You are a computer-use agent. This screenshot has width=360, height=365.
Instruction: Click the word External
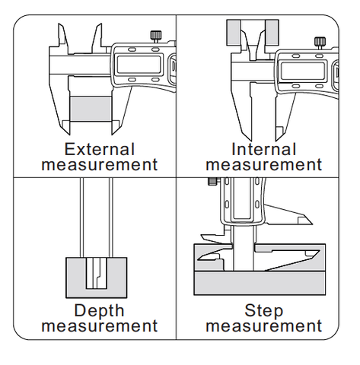click(100, 149)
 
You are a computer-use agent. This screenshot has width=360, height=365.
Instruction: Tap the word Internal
click(264, 149)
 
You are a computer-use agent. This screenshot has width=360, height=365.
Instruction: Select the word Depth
click(99, 311)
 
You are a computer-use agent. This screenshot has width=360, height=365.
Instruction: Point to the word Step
click(264, 311)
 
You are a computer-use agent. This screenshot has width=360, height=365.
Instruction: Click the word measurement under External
click(100, 165)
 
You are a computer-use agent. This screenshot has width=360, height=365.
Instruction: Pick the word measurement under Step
click(264, 326)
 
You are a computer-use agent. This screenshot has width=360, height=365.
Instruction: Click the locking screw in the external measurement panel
click(156, 36)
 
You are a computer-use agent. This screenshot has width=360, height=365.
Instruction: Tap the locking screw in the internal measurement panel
click(320, 43)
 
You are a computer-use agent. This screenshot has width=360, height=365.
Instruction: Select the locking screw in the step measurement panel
click(213, 182)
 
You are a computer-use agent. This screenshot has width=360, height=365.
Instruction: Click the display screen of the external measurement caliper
click(139, 65)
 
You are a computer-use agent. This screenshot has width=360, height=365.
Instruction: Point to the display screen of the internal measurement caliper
click(303, 71)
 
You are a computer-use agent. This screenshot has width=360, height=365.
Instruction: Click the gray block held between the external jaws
click(91, 109)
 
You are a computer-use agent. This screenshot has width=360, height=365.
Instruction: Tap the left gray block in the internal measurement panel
click(234, 33)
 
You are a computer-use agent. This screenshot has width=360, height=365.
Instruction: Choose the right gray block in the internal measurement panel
click(272, 33)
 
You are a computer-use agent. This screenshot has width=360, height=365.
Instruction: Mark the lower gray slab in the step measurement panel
click(260, 283)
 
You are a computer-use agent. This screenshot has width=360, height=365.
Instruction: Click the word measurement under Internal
click(264, 165)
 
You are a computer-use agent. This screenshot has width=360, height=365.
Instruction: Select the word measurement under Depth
click(100, 326)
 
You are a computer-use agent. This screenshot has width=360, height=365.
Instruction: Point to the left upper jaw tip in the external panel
click(59, 24)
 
